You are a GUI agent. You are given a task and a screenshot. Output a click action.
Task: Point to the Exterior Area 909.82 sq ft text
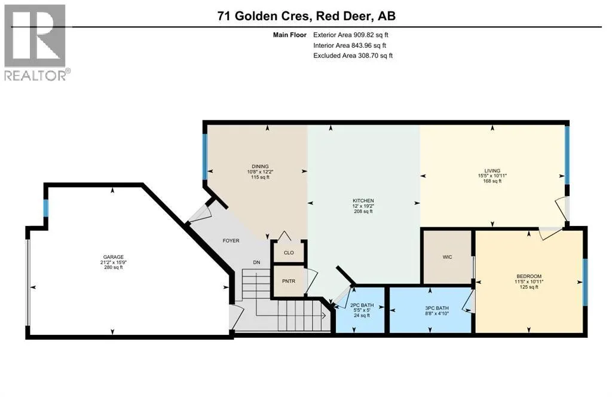350,35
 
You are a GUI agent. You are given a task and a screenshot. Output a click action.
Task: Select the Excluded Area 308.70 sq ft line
353,56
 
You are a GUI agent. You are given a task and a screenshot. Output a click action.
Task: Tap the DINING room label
260,167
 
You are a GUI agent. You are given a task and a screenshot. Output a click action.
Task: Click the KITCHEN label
363,201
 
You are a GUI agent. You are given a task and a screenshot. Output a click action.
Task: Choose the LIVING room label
492,170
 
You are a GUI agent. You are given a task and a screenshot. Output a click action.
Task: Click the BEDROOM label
529,276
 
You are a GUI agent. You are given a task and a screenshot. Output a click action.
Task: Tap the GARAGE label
113,257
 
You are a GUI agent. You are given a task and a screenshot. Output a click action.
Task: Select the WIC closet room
447,257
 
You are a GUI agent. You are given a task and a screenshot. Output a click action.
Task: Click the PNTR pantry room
289,281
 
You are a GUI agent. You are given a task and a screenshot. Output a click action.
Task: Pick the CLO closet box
289,252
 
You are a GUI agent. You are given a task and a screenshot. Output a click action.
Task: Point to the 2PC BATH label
362,306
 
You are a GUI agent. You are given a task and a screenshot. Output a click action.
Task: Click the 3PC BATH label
437,308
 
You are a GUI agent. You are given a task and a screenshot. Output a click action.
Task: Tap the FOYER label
231,241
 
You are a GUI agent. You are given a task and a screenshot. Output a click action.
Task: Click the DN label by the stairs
256,262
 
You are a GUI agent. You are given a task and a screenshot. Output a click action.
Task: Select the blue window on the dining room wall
204,157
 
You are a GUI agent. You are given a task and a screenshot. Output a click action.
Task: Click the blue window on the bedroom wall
585,282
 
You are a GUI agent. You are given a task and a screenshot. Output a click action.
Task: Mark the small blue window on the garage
45,209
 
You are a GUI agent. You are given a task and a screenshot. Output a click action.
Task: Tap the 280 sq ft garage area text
113,267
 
